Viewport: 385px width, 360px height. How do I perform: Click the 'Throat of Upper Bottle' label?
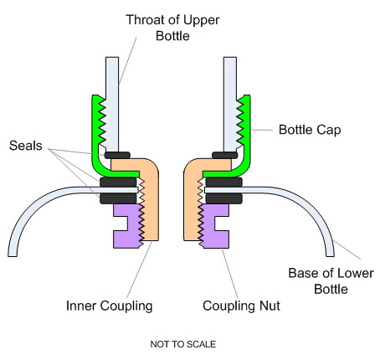(172, 28)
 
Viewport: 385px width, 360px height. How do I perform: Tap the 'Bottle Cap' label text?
(310, 130)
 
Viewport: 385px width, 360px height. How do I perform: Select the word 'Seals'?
(26, 146)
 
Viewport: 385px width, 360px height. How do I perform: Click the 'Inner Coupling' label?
(109, 306)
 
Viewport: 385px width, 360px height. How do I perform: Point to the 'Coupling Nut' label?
(241, 306)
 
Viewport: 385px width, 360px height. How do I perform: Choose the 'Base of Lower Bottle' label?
(331, 281)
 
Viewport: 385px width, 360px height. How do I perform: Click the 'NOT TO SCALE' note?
(183, 344)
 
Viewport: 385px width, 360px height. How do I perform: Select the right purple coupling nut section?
(214, 226)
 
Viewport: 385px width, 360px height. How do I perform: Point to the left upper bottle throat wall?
(112, 103)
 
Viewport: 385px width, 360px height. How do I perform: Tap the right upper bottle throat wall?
(230, 103)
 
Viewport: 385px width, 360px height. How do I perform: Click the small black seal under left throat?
(117, 155)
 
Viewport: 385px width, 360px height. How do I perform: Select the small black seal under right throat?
(225, 155)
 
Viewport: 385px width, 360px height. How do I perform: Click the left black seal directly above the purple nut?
(118, 198)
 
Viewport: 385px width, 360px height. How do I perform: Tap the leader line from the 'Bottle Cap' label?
(262, 130)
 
